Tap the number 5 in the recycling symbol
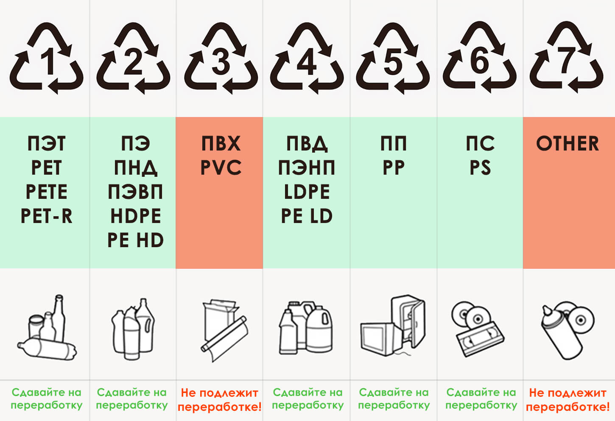pos(393,61)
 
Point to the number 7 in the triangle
pos(566,60)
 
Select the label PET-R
pos(46,216)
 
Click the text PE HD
pos(135,240)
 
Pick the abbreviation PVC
pos(221,167)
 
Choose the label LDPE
pos(307,192)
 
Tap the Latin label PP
pos(394,167)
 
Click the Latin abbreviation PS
pos(480,167)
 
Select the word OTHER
pos(567,143)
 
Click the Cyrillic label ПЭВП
pos(135,192)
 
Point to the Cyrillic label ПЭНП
pos(307,167)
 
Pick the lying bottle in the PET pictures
pos(47,349)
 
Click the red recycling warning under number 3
pos(219,400)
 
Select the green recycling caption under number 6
pos(481,399)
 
